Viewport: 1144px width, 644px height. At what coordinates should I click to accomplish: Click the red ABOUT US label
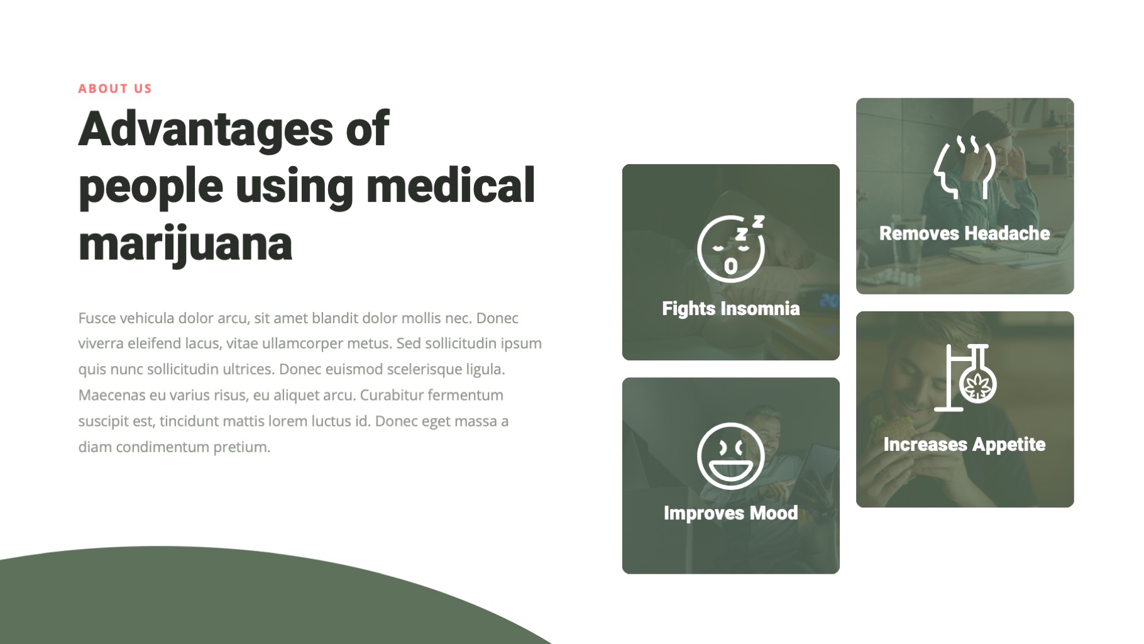pyautogui.click(x=115, y=89)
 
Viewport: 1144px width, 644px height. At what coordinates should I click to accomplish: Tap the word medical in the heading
pyautogui.click(x=450, y=186)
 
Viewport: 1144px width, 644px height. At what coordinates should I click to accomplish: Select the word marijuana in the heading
pyautogui.click(x=185, y=244)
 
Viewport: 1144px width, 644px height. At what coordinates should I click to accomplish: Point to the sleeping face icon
pyautogui.click(x=731, y=248)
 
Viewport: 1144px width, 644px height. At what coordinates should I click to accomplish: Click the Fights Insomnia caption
pyautogui.click(x=730, y=309)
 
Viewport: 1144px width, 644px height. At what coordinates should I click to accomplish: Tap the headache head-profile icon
pyautogui.click(x=965, y=167)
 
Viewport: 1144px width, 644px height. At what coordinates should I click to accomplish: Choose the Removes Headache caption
pyautogui.click(x=964, y=234)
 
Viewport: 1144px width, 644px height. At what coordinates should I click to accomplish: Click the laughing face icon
pyautogui.click(x=730, y=456)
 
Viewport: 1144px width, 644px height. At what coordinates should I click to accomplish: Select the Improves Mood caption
pyautogui.click(x=730, y=513)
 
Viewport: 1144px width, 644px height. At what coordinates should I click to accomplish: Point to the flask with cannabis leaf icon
pyautogui.click(x=966, y=377)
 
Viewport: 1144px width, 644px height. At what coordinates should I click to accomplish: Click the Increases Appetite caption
pyautogui.click(x=964, y=445)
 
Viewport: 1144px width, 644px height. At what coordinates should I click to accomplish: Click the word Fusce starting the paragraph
pyautogui.click(x=97, y=318)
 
